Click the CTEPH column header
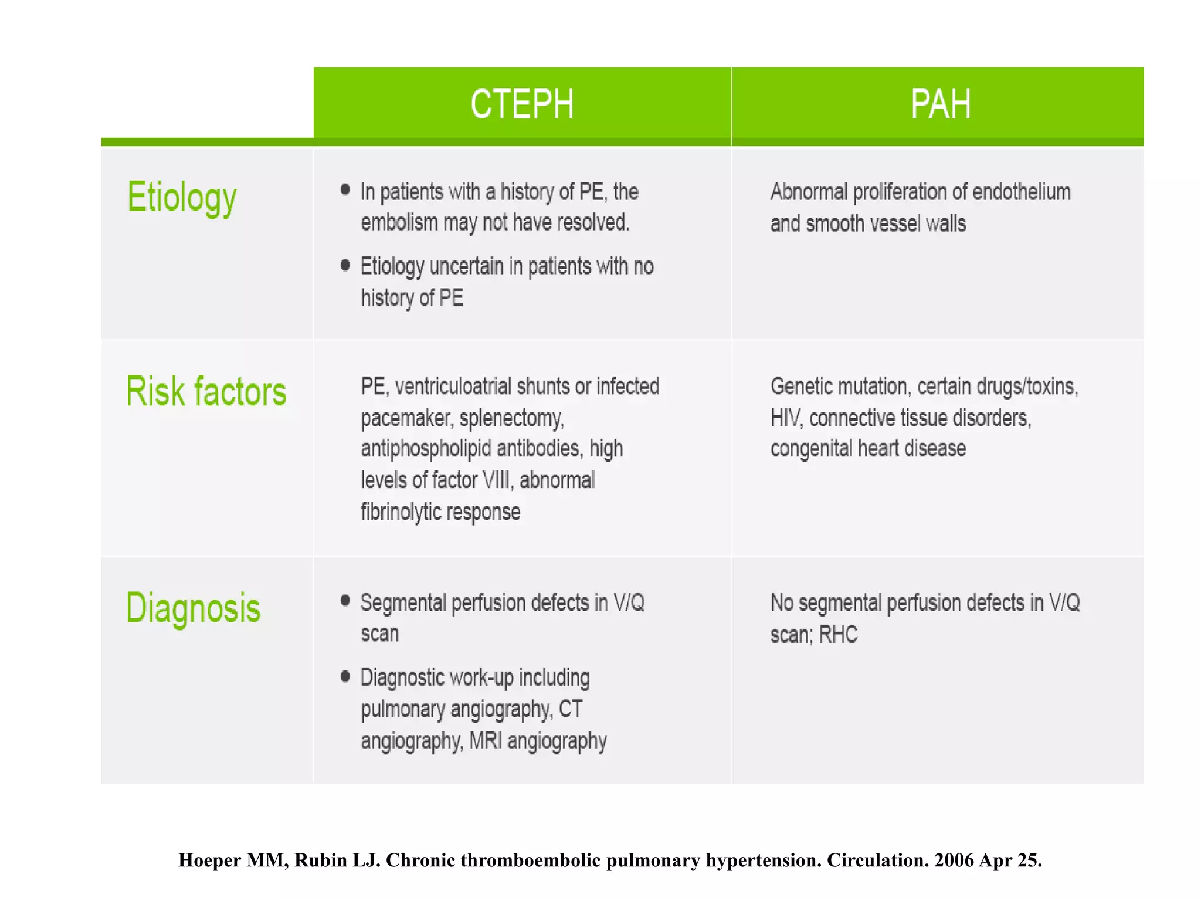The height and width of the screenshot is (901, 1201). click(522, 104)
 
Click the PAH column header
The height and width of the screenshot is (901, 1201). click(940, 104)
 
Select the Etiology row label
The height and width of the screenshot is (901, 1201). click(182, 198)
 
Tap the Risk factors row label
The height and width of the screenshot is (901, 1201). click(206, 391)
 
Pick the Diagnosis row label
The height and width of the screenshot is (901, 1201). click(193, 608)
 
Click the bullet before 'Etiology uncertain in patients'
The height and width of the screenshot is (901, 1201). click(345, 266)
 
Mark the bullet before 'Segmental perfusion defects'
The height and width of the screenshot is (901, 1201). click(345, 600)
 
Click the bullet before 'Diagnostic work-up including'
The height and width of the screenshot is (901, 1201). click(345, 676)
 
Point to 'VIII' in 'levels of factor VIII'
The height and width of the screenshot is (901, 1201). click(498, 480)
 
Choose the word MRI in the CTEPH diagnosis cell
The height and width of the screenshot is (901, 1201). click(486, 741)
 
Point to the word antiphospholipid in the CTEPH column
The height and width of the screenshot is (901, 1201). click(425, 449)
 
